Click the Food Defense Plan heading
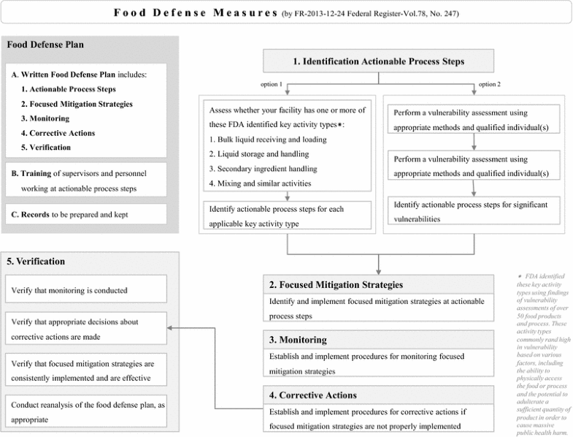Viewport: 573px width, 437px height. click(45, 45)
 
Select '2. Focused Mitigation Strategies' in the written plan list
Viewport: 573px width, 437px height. click(77, 104)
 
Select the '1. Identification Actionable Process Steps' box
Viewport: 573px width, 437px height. click(378, 61)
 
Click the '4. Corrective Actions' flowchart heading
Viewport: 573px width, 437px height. click(309, 395)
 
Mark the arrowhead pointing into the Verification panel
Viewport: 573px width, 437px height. click(172, 328)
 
